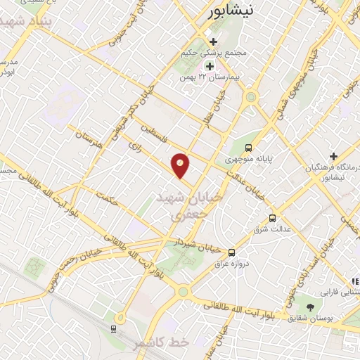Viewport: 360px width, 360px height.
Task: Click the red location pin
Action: click(x=181, y=165)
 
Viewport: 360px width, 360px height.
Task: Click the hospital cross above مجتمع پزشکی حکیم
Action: click(x=212, y=42)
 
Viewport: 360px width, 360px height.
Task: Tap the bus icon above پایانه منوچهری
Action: click(x=248, y=148)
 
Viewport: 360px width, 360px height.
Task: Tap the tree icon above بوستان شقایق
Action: click(x=310, y=307)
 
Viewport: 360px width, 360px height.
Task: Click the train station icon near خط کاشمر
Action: click(x=113, y=328)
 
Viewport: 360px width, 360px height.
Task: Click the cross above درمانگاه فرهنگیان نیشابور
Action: click(x=333, y=155)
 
